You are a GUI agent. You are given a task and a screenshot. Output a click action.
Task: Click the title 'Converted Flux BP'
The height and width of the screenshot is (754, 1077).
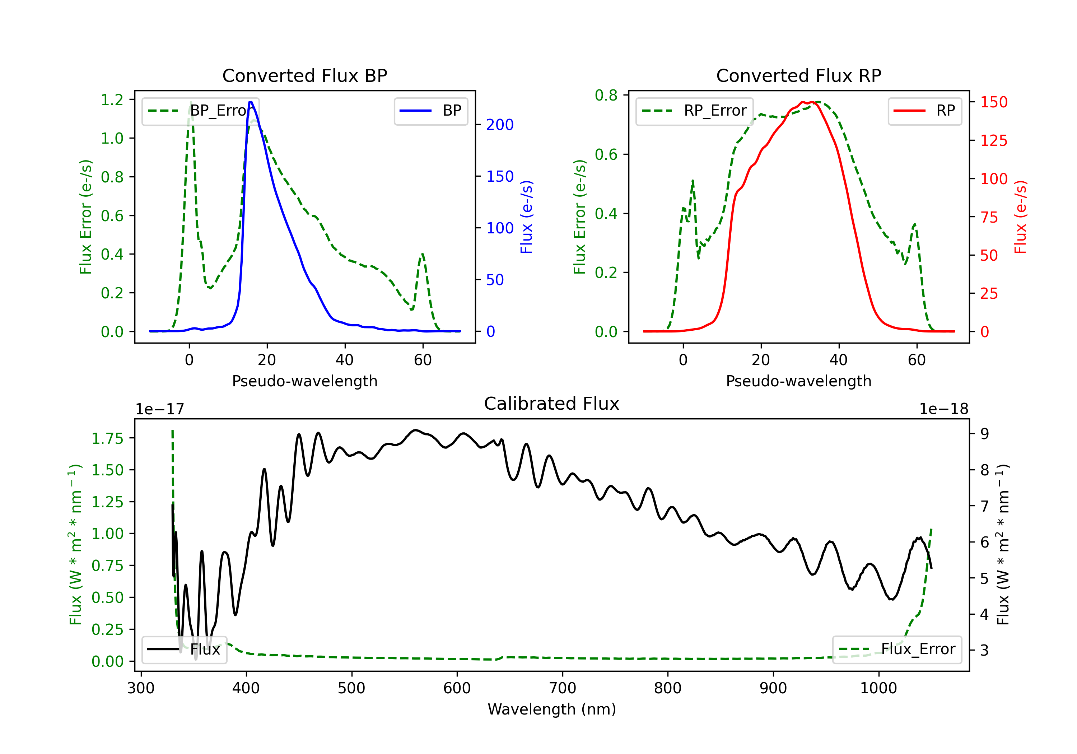304,75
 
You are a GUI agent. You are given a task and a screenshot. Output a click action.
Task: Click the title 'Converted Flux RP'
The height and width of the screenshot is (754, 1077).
798,75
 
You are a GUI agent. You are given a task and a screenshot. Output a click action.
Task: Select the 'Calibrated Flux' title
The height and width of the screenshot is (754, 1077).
552,404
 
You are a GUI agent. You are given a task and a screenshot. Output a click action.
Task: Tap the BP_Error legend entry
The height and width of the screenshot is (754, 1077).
200,111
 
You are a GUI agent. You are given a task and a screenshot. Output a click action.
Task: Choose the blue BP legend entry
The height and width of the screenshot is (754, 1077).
430,111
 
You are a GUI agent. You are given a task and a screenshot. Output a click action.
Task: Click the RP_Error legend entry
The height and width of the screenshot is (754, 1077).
694,111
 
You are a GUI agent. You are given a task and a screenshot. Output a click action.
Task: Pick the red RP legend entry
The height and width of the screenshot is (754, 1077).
924,111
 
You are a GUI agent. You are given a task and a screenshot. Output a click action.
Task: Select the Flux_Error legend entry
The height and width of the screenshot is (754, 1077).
897,650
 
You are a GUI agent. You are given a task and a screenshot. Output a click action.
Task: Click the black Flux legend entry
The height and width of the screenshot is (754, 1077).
184,650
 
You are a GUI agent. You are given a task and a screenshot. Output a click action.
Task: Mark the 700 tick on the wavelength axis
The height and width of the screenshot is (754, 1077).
563,688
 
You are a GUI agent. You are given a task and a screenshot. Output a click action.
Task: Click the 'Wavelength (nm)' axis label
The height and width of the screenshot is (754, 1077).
552,709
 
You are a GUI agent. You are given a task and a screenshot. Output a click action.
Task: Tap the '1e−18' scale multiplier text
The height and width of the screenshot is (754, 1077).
944,409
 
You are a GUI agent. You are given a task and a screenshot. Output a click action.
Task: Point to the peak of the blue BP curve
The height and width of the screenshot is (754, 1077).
251,102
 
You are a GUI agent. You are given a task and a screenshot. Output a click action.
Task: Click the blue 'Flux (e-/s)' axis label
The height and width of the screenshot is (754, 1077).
526,217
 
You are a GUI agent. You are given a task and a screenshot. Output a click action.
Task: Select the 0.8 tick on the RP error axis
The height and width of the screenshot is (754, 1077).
606,95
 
